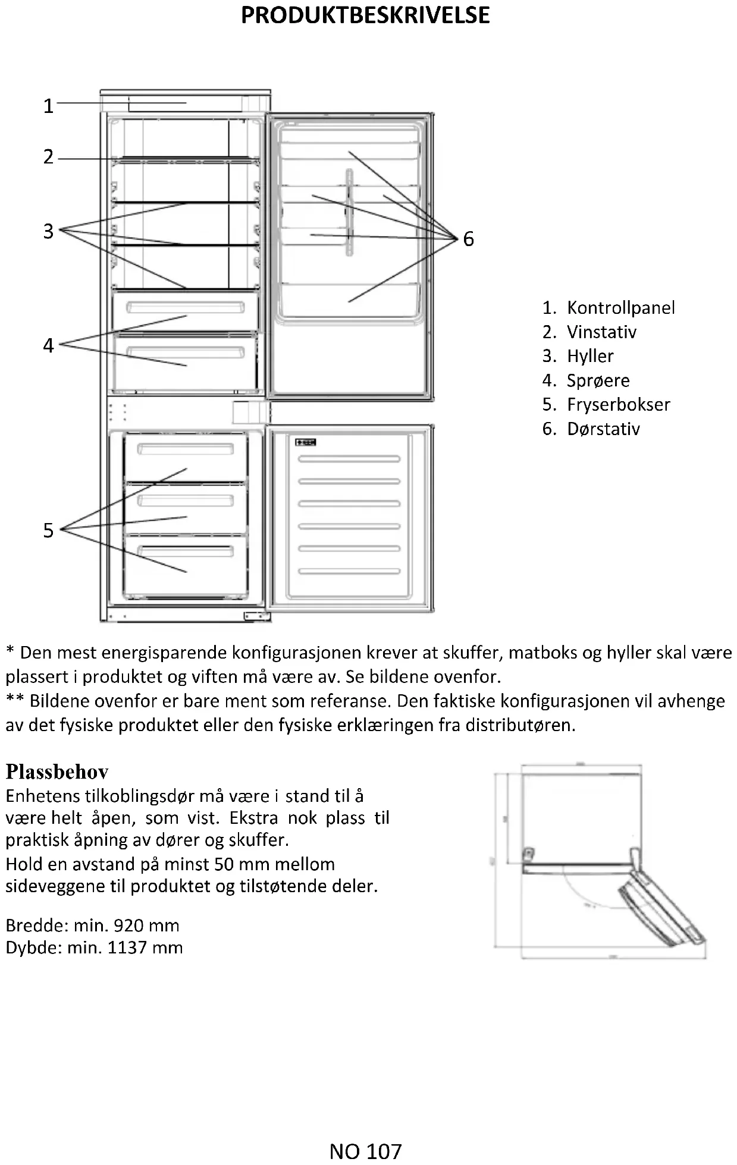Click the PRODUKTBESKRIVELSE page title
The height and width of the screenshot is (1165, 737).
tap(365, 15)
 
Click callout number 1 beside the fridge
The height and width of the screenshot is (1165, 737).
tap(49, 106)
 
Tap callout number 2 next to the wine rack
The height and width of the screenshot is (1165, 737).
tap(49, 157)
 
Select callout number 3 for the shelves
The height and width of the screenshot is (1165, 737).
tap(49, 231)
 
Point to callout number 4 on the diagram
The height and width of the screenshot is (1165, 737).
tap(49, 345)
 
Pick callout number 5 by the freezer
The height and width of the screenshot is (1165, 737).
tap(49, 530)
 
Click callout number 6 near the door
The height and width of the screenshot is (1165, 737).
tap(469, 239)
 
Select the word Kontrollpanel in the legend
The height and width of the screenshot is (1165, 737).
tap(620, 308)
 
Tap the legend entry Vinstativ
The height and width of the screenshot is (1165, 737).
tap(601, 332)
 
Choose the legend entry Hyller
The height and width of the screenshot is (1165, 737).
tap(590, 356)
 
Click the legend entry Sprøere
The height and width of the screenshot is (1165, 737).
tap(598, 380)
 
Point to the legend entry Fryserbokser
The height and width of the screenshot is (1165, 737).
tap(618, 405)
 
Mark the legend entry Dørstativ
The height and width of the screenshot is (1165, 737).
tap(603, 429)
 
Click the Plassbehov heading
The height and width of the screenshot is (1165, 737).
tap(57, 772)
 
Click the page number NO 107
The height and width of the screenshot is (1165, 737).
tap(365, 1151)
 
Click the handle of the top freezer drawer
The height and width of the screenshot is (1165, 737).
tap(186, 449)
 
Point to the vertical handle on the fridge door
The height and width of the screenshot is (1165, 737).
tap(349, 213)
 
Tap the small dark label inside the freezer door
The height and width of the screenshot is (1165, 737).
tap(306, 442)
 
